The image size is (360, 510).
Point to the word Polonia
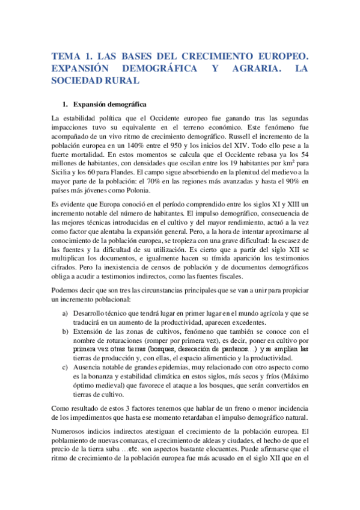138,204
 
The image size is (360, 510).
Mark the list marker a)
65,314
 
